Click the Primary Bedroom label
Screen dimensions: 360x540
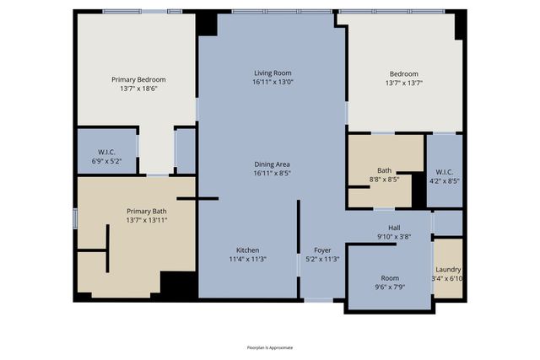pos(138,79)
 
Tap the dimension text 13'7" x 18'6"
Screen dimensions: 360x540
pos(138,88)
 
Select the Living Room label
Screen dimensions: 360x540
pos(272,73)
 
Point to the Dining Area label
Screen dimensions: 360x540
pos(272,164)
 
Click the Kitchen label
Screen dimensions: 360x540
pos(248,250)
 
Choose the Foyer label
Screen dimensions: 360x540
pos(323,250)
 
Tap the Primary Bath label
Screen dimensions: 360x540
pos(147,211)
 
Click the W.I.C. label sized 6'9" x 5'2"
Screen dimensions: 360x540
pos(106,153)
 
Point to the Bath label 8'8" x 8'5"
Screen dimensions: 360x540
pos(385,169)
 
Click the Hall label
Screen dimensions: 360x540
pos(394,228)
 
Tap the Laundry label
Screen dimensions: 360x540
pos(448,269)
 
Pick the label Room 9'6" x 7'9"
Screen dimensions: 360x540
pos(389,277)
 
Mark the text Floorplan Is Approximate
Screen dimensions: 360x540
pos(270,347)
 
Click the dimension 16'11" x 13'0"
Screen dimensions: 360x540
pos(272,82)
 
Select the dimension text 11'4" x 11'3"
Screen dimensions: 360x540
pos(248,259)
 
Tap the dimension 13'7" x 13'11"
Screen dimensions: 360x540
pos(147,220)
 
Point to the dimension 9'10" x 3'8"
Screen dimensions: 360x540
pos(394,237)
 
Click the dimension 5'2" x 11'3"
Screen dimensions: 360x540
pos(323,259)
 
